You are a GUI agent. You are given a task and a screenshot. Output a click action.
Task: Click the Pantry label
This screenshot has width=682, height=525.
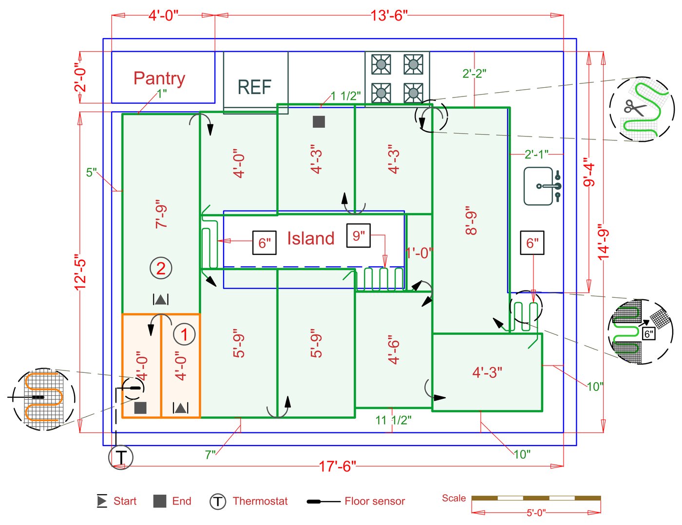pyautogui.click(x=159, y=78)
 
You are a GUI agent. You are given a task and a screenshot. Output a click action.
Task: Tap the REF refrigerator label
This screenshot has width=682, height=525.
pyautogui.click(x=254, y=87)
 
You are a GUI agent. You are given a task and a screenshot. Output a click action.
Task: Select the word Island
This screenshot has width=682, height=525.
pyautogui.click(x=310, y=238)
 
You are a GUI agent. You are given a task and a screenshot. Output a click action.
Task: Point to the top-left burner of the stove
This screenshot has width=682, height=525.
pyautogui.click(x=381, y=64)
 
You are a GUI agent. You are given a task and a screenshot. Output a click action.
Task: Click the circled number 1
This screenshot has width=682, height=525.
pyautogui.click(x=184, y=334)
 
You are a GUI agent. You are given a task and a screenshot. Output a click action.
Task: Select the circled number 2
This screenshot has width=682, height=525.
pyautogui.click(x=161, y=268)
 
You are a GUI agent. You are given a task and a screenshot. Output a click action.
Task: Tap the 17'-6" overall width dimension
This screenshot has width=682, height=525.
pyautogui.click(x=337, y=467)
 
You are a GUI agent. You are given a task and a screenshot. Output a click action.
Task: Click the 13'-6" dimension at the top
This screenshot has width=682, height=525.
pyautogui.click(x=388, y=16)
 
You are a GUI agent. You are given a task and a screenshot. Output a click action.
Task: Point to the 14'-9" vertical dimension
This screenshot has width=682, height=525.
pyautogui.click(x=603, y=242)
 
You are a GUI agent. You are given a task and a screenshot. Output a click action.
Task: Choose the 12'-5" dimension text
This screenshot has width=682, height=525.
pyautogui.click(x=80, y=272)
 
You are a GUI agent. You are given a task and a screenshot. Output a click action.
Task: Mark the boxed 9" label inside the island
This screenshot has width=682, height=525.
pyautogui.click(x=359, y=236)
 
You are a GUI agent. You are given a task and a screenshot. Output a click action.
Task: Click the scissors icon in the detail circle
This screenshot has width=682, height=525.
pyautogui.click(x=635, y=107)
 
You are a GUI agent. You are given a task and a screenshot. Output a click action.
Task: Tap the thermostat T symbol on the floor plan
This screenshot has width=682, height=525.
pyautogui.click(x=120, y=458)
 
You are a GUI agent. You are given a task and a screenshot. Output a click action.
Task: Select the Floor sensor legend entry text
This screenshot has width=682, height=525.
pyautogui.click(x=375, y=501)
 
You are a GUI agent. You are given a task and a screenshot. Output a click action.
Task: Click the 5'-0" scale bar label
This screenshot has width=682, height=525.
pyautogui.click(x=536, y=513)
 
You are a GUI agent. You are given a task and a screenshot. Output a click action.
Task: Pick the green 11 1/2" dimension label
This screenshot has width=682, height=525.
pyautogui.click(x=393, y=420)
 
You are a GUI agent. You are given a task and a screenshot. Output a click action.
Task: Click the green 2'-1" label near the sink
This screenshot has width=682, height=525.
pyautogui.click(x=536, y=155)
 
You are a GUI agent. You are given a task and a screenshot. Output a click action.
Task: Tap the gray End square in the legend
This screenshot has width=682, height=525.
pyautogui.click(x=160, y=501)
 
